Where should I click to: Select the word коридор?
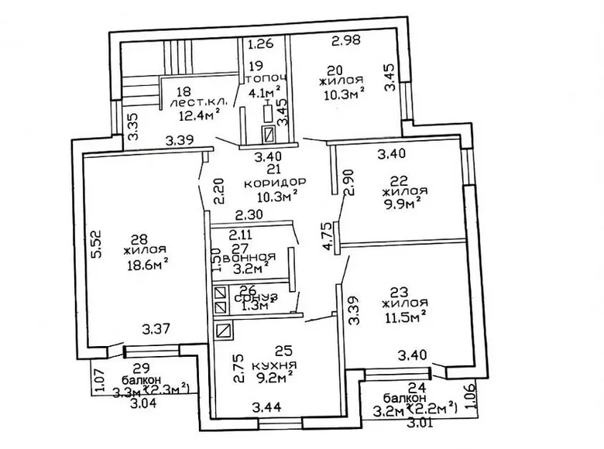coord(274,182)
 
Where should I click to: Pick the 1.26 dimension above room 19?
coord(261,43)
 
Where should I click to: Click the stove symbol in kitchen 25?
coord(223,331)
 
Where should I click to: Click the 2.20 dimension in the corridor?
coord(217,187)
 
